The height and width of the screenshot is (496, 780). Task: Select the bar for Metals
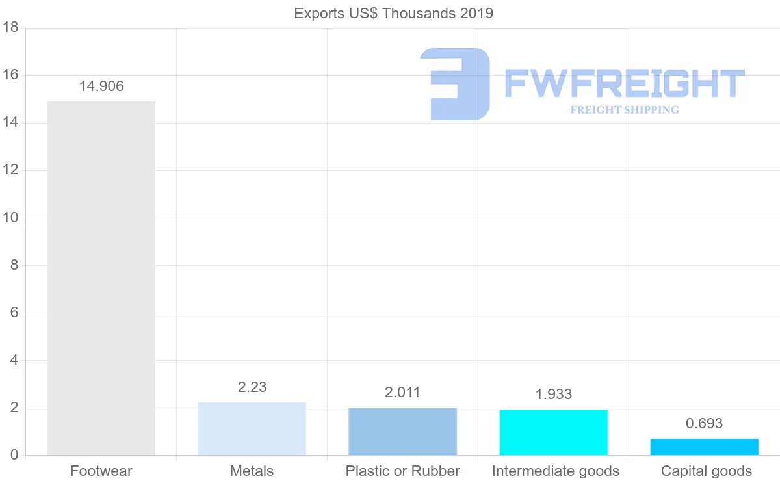pyautogui.click(x=252, y=429)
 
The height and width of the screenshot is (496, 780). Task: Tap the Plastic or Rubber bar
pyautogui.click(x=402, y=432)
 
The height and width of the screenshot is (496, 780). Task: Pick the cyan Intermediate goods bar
pyautogui.click(x=553, y=432)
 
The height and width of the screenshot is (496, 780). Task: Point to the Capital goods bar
pyautogui.click(x=704, y=447)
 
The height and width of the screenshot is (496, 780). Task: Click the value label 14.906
pyautogui.click(x=101, y=86)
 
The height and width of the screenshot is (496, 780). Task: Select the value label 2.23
pyautogui.click(x=252, y=387)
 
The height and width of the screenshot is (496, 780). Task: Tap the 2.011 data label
pyautogui.click(x=402, y=393)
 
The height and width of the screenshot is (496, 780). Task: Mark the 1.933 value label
pyautogui.click(x=554, y=395)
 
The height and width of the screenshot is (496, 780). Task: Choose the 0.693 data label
pyautogui.click(x=704, y=424)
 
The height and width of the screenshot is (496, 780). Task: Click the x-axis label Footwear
pyautogui.click(x=101, y=471)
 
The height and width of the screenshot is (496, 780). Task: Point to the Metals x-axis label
pyautogui.click(x=252, y=471)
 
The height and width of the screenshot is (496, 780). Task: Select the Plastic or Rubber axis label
pyautogui.click(x=402, y=471)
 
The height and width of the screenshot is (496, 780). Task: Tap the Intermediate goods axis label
pyautogui.click(x=555, y=471)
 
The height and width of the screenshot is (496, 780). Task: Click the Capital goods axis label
pyautogui.click(x=706, y=471)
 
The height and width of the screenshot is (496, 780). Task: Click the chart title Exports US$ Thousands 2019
pyautogui.click(x=393, y=14)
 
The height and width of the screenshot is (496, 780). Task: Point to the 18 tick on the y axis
pyautogui.click(x=10, y=28)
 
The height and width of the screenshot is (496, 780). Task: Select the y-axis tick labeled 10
pyautogui.click(x=10, y=218)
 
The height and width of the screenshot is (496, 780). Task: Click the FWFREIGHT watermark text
pyautogui.click(x=624, y=85)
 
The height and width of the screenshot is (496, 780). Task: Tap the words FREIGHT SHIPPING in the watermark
pyautogui.click(x=625, y=110)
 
